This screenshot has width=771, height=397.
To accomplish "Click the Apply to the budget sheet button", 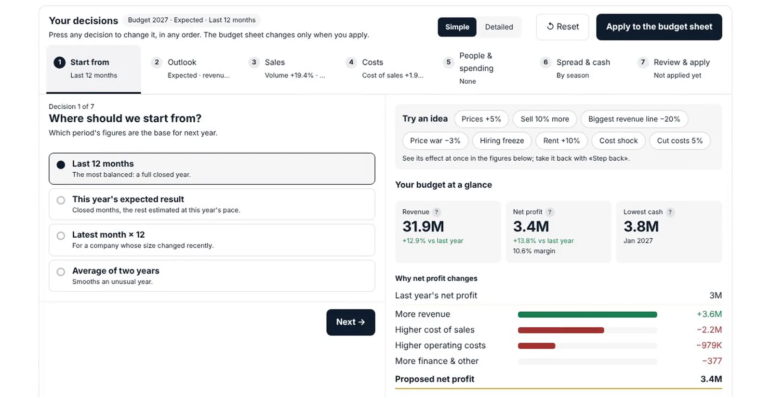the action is pyautogui.click(x=659, y=27).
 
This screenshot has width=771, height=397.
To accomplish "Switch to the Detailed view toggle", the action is pyautogui.click(x=499, y=27).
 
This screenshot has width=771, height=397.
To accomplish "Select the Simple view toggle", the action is pyautogui.click(x=457, y=27).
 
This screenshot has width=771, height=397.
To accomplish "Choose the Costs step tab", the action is pyautogui.click(x=384, y=68).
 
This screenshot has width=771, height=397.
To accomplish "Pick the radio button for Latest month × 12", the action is pyautogui.click(x=61, y=236).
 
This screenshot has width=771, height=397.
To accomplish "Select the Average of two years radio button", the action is pyautogui.click(x=61, y=272).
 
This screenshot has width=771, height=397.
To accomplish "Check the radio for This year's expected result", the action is pyautogui.click(x=61, y=200).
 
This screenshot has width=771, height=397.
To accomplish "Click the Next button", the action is pyautogui.click(x=351, y=322).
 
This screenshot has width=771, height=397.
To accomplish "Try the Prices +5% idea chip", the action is pyautogui.click(x=481, y=119).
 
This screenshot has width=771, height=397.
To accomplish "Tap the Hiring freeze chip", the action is pyautogui.click(x=502, y=141).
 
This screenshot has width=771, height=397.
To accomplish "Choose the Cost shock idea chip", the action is pyautogui.click(x=618, y=141).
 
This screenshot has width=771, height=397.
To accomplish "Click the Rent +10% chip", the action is pyautogui.click(x=561, y=141).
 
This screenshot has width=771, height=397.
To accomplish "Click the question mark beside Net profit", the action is pyautogui.click(x=550, y=212).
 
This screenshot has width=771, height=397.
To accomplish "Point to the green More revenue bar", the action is pyautogui.click(x=587, y=315).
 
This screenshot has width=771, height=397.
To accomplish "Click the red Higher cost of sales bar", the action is pyautogui.click(x=561, y=330).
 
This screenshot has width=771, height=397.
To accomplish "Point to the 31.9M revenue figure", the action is pyautogui.click(x=423, y=227).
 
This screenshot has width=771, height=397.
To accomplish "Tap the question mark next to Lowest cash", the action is pyautogui.click(x=670, y=212).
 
